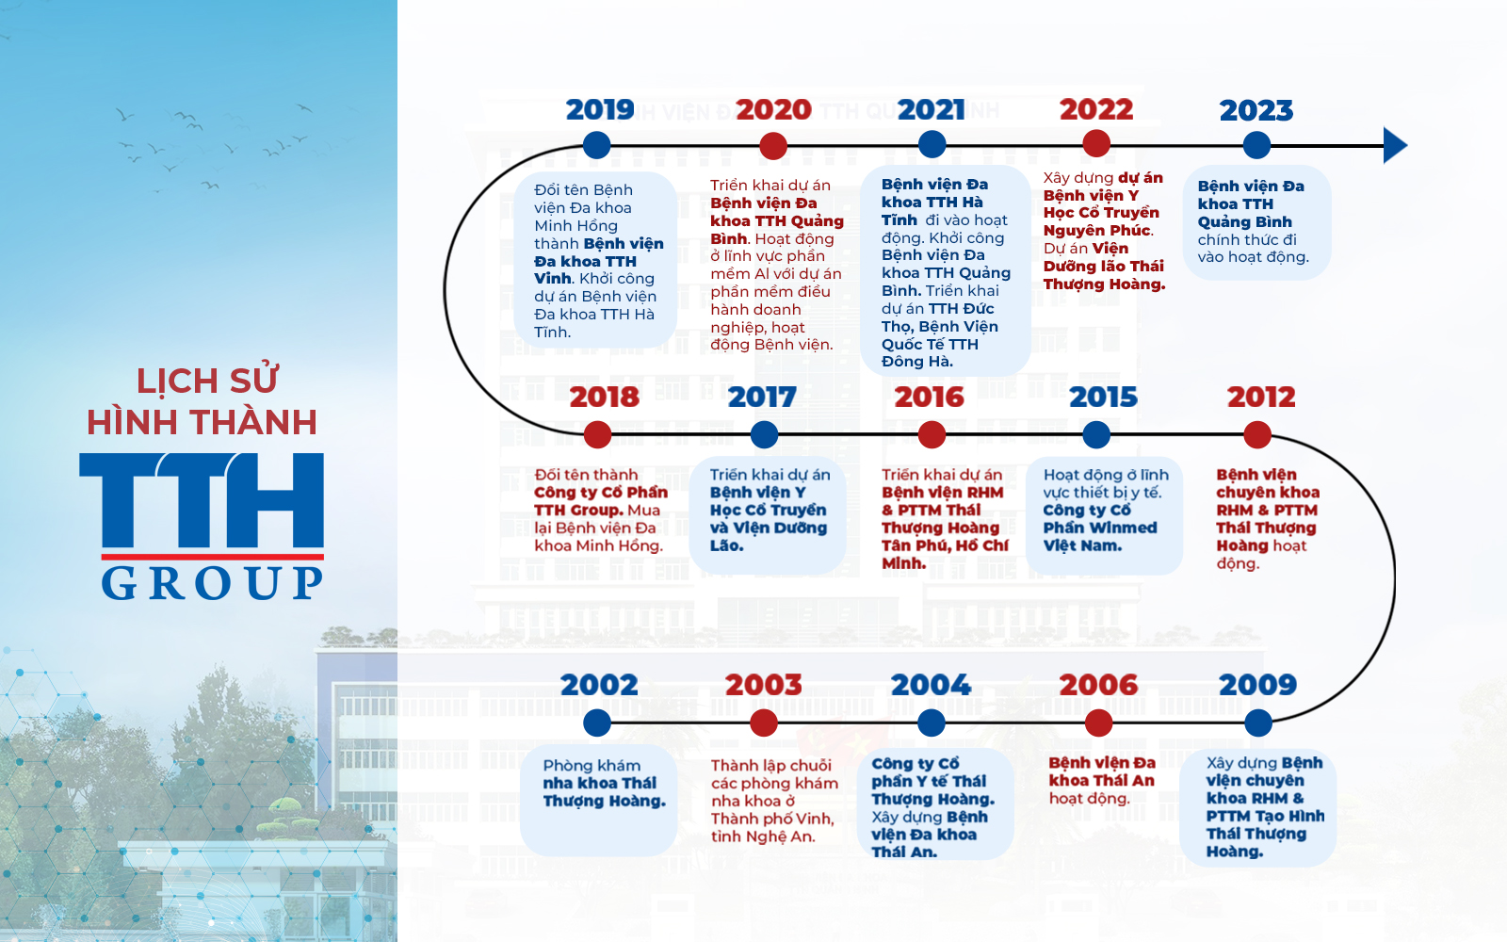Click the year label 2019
pyautogui.click(x=599, y=109)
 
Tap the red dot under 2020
pyautogui.click(x=773, y=145)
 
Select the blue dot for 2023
pyautogui.click(x=1256, y=145)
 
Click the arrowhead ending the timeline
pyautogui.click(x=1395, y=145)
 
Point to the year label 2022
pyautogui.click(x=1096, y=109)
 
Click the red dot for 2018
pyautogui.click(x=597, y=434)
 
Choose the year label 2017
pyautogui.click(x=762, y=397)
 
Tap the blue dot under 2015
pyautogui.click(x=1096, y=434)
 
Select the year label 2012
pyautogui.click(x=1261, y=397)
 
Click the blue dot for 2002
pyautogui.click(x=597, y=723)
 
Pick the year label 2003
pyautogui.click(x=764, y=685)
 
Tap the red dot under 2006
pyautogui.click(x=1098, y=723)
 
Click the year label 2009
pyautogui.click(x=1257, y=685)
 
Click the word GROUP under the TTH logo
pyautogui.click(x=213, y=583)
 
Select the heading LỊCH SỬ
pyautogui.click(x=207, y=381)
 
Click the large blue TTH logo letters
pyautogui.click(x=202, y=499)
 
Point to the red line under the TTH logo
pyautogui.click(x=213, y=557)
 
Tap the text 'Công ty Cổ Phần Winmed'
pyautogui.click(x=1100, y=519)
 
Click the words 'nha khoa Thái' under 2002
pyautogui.click(x=599, y=783)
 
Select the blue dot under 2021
pyautogui.click(x=932, y=144)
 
